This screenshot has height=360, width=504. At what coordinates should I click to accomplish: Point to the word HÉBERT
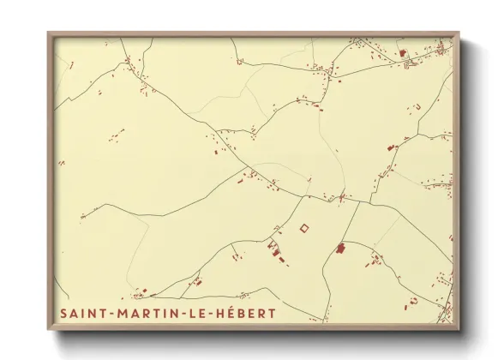[247, 314]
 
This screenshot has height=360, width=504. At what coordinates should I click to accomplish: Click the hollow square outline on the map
[303, 227]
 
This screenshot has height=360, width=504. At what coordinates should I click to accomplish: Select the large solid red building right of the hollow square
[339, 248]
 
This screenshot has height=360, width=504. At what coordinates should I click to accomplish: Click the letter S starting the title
[64, 314]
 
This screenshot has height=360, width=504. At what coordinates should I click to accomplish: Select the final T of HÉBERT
[273, 314]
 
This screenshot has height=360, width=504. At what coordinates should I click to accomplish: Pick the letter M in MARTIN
[120, 314]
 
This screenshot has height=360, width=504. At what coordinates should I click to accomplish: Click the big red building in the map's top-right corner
[403, 52]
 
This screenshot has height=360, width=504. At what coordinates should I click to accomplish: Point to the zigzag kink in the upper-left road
[128, 62]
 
